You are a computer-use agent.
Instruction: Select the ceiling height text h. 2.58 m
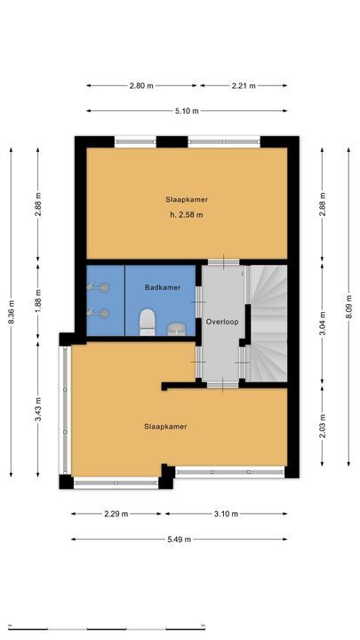coord(187,215)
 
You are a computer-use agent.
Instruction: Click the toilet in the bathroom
coord(149,320)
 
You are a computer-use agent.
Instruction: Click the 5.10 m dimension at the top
coord(187,111)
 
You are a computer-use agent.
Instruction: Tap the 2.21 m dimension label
coord(243,86)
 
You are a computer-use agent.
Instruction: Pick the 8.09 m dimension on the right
coord(349,308)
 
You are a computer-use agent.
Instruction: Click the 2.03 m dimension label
coord(322,426)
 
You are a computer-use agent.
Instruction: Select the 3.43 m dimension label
coord(38,412)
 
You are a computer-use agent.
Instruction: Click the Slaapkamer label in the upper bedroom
coord(187,199)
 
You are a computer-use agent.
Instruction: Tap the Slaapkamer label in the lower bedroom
coord(166,427)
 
